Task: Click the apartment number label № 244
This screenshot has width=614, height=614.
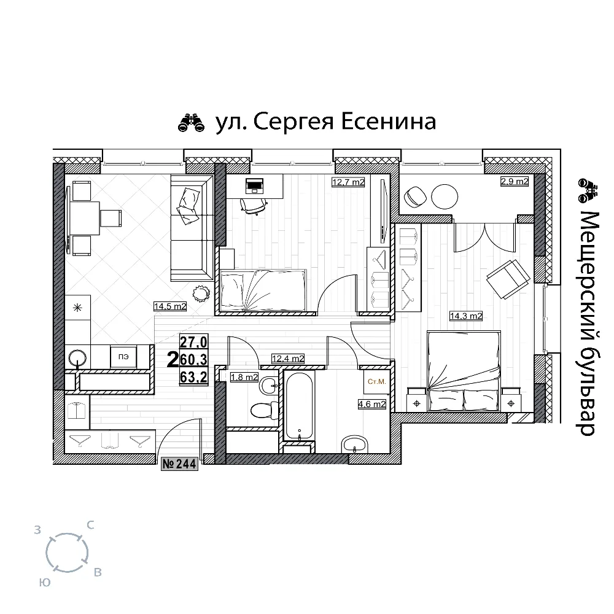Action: (x=179, y=464)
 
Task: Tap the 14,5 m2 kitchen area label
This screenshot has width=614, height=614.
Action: (x=170, y=306)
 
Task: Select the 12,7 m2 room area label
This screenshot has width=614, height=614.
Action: (x=348, y=182)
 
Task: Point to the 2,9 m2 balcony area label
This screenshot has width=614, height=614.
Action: (x=515, y=181)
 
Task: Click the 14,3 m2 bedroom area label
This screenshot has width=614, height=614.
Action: (x=466, y=316)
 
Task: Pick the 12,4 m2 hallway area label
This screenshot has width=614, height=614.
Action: (x=288, y=359)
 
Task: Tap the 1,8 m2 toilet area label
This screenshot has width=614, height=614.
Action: (x=244, y=377)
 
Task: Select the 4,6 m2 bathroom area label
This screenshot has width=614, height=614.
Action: (x=372, y=404)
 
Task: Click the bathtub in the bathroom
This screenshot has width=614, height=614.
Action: (x=299, y=405)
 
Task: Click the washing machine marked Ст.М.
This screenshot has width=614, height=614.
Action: (x=377, y=381)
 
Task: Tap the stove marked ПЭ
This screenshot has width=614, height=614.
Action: (x=123, y=357)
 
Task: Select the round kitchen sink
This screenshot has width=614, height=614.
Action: (x=77, y=357)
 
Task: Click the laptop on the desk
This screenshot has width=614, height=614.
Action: (x=255, y=185)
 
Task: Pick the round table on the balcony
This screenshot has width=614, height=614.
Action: (x=445, y=197)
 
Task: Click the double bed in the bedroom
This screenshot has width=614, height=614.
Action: (x=464, y=371)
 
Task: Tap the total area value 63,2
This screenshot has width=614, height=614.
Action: (x=193, y=377)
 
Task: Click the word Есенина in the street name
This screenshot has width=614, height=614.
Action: (x=389, y=122)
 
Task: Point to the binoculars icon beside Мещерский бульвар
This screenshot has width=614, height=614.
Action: (x=588, y=191)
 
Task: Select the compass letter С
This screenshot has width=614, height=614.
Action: (x=90, y=525)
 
